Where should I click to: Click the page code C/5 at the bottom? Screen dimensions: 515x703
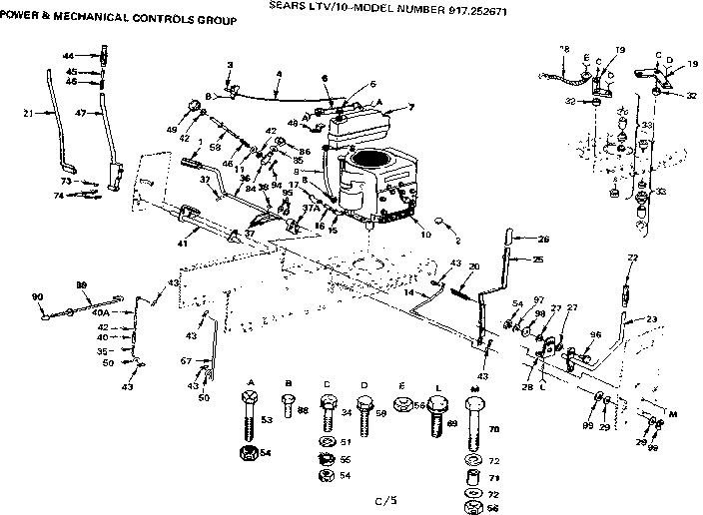[x=371, y=499]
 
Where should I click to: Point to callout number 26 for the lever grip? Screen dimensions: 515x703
[x=543, y=239]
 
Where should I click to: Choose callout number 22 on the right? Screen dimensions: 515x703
[x=631, y=257]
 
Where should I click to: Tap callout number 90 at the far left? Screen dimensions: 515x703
[x=38, y=296]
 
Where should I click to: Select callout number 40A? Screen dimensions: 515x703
[x=100, y=312]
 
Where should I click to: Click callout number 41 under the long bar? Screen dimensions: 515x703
[x=182, y=244]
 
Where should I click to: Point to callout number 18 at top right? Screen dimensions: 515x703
[x=564, y=49]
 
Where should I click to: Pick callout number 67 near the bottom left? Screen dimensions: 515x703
[x=186, y=360]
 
